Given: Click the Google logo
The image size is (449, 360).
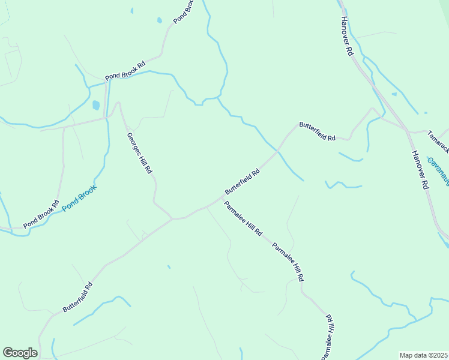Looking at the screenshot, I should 20,353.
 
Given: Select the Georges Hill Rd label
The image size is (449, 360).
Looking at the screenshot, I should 139,153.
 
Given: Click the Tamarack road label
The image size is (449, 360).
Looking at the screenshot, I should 438,140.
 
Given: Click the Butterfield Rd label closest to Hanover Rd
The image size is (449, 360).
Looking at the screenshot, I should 317,131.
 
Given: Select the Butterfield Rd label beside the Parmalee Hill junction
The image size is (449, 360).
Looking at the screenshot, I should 242,181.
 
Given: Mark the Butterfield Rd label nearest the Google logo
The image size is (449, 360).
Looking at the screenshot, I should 78,297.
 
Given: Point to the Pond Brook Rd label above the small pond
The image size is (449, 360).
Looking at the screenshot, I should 125,71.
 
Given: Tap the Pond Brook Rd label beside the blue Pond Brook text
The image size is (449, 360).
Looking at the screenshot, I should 41,214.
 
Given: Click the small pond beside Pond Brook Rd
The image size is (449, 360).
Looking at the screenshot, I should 96,106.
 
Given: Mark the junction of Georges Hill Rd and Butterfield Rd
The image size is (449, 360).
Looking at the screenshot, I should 172,218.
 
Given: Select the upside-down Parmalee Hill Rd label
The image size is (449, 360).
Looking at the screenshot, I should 328,336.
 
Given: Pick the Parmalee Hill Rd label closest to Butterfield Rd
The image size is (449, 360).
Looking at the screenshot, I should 243,218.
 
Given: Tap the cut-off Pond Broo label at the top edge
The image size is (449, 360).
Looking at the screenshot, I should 184,11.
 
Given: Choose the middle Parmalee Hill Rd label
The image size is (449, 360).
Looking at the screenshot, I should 288,262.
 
